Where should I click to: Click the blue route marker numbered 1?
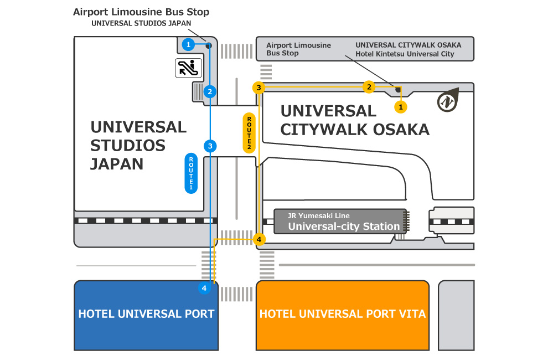[189, 44]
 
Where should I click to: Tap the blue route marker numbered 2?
[210, 91]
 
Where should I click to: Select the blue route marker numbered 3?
[210, 146]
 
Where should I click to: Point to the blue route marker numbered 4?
[204, 288]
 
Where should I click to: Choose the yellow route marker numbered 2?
[369, 86]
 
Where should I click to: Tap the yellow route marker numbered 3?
[259, 88]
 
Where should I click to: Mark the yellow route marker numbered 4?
[259, 239]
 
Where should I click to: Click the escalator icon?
[189, 68]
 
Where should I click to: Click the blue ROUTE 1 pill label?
[191, 173]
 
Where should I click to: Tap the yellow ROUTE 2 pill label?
[249, 133]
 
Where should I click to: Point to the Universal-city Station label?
[344, 226]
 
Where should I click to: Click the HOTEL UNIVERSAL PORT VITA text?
[342, 314]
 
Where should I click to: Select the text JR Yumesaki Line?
[318, 216]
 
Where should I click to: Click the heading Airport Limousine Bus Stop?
[141, 12]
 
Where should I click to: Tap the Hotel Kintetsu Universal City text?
[405, 54]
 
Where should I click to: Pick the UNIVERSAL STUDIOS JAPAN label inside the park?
[138, 145]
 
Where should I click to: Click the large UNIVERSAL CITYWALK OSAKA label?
[355, 120]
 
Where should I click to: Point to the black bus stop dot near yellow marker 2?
[398, 89]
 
